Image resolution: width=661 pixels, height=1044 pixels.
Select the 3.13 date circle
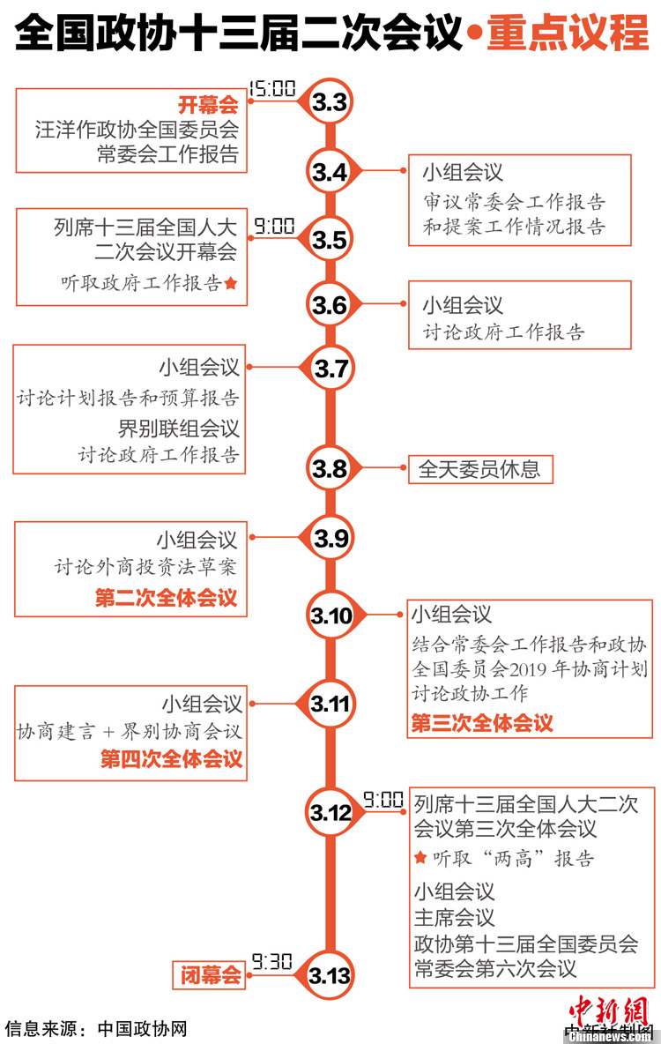pyautogui.click(x=330, y=975)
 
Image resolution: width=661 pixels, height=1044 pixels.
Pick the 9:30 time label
pyautogui.click(x=271, y=961)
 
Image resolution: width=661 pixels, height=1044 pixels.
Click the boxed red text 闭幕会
pyautogui.click(x=211, y=975)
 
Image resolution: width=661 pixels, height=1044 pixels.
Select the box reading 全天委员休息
pyautogui.click(x=479, y=469)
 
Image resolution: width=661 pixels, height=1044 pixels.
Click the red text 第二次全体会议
pyautogui.click(x=167, y=598)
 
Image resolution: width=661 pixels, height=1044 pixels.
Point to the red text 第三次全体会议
pyautogui.click(x=482, y=724)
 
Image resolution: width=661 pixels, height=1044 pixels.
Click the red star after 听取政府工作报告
pyautogui.click(x=231, y=283)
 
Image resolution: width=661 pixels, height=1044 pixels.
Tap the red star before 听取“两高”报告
pyautogui.click(x=420, y=858)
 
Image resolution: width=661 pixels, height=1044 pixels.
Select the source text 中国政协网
pyautogui.click(x=142, y=1028)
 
